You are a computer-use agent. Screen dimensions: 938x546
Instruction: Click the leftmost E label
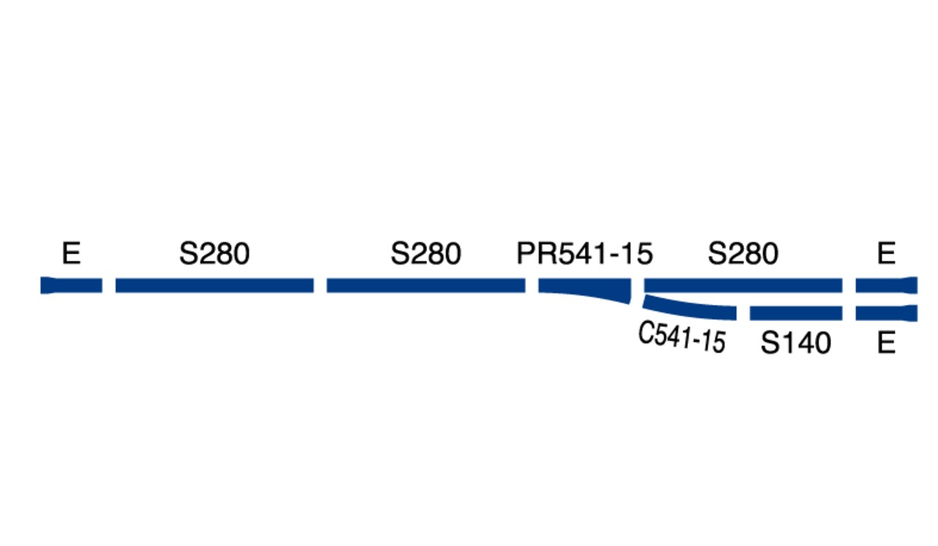[71, 254]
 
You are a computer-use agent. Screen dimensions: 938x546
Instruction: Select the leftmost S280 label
[215, 254]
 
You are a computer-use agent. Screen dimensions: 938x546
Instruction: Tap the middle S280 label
[426, 254]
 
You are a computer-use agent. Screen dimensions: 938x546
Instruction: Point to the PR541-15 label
[585, 254]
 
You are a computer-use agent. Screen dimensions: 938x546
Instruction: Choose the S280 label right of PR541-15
[743, 254]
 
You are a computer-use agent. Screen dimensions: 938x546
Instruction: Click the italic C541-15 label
[682, 337]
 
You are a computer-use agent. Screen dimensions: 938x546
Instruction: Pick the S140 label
[796, 343]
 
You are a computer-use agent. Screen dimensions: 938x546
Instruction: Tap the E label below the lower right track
[886, 343]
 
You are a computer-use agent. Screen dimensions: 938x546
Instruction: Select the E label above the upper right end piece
[886, 254]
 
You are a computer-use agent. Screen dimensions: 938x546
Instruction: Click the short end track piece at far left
[71, 286]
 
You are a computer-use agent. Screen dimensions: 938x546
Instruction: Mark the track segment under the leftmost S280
[215, 286]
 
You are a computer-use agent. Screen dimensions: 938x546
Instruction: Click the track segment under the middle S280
[426, 286]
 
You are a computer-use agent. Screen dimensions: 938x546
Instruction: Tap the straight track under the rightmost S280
[743, 286]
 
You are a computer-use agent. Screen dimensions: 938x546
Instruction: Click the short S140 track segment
[796, 313]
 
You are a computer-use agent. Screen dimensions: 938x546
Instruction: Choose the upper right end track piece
[887, 286]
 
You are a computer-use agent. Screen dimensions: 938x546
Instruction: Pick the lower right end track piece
[887, 313]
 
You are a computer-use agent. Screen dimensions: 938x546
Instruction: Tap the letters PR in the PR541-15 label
[537, 254]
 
